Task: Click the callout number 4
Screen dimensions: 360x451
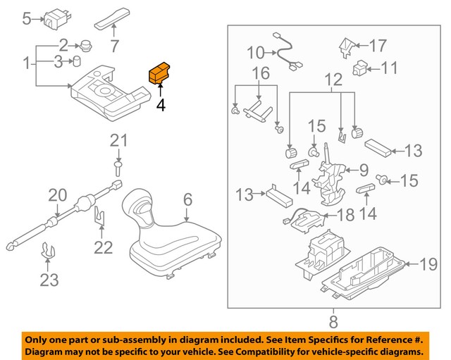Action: point(161,106)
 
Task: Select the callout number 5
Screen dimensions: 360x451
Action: point(27,18)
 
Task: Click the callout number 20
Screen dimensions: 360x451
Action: point(57,195)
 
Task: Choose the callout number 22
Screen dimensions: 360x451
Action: point(104,247)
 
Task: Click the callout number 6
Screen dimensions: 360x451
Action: point(187,200)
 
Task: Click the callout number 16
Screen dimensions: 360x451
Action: point(260,73)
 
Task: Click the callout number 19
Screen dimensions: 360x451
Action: point(429,265)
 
